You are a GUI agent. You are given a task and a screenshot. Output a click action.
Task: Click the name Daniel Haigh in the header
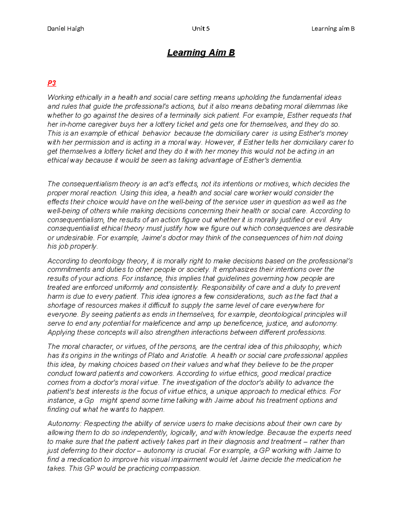66,28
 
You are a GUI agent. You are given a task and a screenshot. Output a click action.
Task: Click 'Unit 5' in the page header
201,28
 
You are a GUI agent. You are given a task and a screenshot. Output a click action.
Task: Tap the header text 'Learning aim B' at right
333,28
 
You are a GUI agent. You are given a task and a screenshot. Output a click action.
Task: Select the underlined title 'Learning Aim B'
201,53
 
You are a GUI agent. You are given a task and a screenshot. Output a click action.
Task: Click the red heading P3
52,83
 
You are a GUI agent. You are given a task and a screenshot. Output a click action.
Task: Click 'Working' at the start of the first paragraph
60,97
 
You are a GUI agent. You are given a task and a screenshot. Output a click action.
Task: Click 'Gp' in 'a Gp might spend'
89,400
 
